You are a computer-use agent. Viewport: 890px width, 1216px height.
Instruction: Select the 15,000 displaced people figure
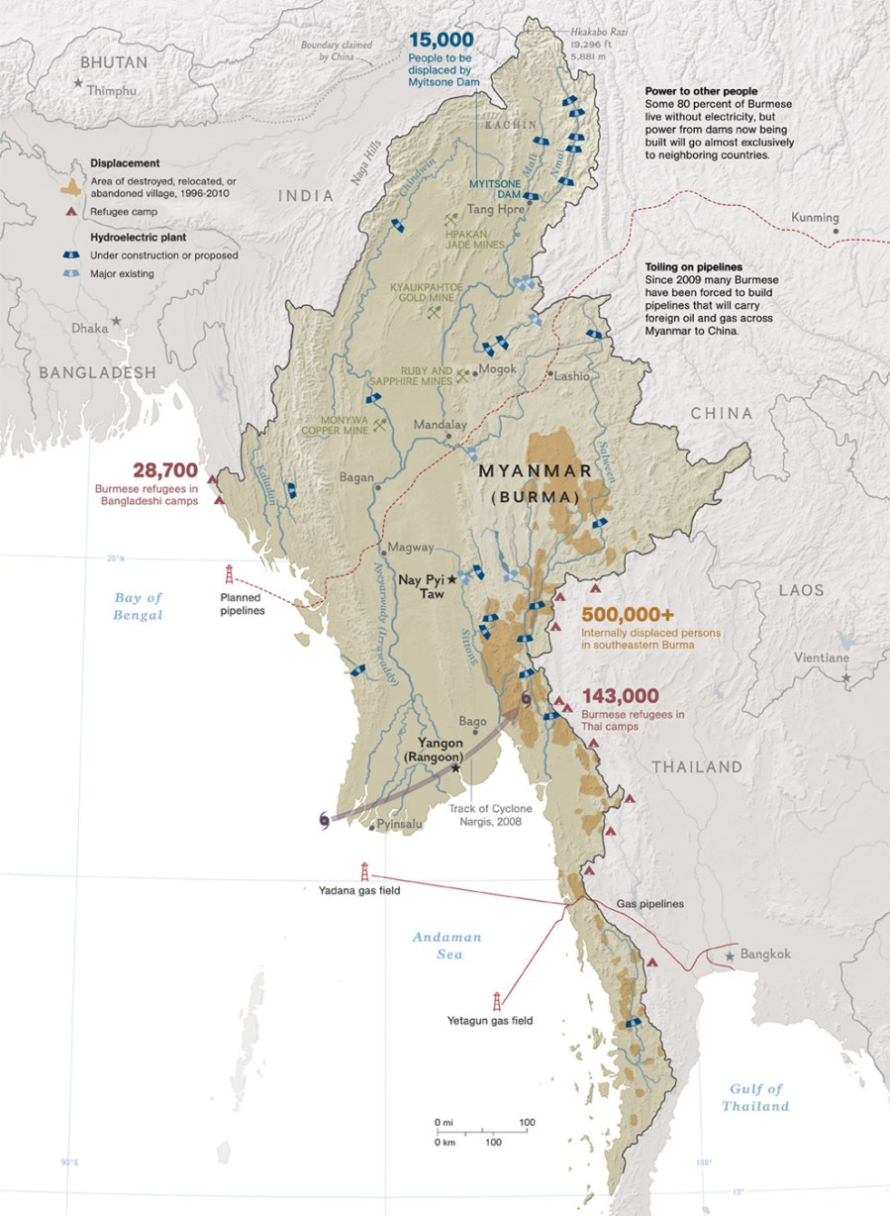click(442, 40)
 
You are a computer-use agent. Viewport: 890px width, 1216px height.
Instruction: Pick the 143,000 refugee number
click(621, 695)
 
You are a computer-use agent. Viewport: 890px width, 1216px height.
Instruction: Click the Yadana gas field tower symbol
click(365, 871)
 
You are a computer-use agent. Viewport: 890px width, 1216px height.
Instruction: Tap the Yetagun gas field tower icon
click(496, 1001)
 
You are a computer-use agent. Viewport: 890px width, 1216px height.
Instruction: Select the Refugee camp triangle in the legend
click(70, 212)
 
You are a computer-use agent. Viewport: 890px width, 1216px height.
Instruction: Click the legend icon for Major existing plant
click(71, 273)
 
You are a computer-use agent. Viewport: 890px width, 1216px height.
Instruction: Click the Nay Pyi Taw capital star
click(452, 578)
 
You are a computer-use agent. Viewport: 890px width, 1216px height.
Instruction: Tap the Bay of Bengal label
click(138, 606)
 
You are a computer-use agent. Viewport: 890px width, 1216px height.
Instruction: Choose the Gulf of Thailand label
click(755, 1097)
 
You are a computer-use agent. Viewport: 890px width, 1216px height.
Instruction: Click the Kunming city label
click(816, 218)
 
